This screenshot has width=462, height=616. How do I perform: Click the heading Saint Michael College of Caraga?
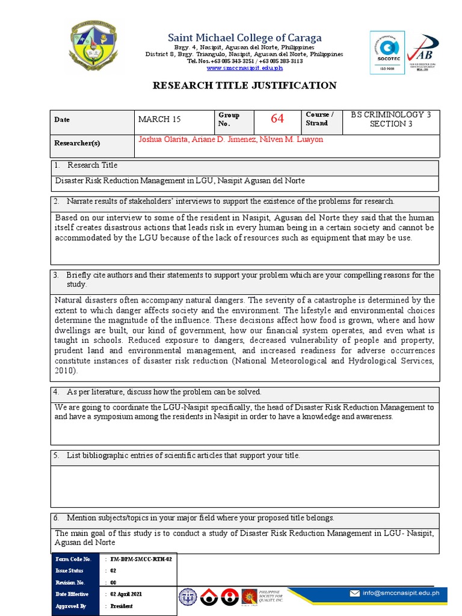[x=244, y=37]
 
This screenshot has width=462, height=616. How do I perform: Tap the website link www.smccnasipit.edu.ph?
[x=244, y=68]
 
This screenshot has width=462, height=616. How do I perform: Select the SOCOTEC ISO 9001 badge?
[x=387, y=53]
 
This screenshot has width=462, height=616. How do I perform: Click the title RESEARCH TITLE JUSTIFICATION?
[x=244, y=85]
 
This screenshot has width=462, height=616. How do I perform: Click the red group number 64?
[x=277, y=119]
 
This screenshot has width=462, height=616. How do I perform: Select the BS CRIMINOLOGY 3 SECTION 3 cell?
[x=391, y=119]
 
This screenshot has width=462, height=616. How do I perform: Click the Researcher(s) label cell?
[x=93, y=143]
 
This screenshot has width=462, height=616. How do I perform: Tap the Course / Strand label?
[x=319, y=119]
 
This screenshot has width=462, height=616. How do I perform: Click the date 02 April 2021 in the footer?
[x=126, y=594]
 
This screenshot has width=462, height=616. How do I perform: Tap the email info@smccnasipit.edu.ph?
[x=401, y=593]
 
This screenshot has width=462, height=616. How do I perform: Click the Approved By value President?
[x=122, y=606]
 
